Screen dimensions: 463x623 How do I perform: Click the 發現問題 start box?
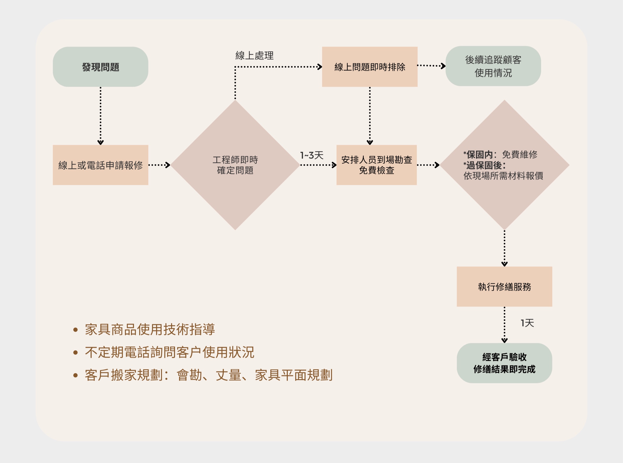pyautogui.click(x=100, y=67)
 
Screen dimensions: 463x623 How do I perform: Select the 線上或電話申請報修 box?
pyautogui.click(x=100, y=165)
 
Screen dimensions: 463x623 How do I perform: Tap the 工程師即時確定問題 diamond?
pyautogui.click(x=235, y=165)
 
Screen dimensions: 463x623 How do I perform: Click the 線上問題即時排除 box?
pyautogui.click(x=369, y=67)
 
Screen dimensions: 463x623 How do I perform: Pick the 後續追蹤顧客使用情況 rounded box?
pyautogui.click(x=493, y=66)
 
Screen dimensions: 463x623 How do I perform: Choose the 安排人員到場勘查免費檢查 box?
pyautogui.click(x=377, y=165)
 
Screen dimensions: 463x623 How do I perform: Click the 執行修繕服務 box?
pyautogui.click(x=504, y=287)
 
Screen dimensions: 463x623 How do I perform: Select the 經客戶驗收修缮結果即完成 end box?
pyautogui.click(x=504, y=363)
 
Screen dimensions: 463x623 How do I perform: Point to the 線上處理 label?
pyautogui.click(x=254, y=56)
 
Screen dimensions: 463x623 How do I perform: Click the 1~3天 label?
pyautogui.click(x=311, y=155)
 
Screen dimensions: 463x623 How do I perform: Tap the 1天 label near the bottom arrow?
pyautogui.click(x=527, y=323)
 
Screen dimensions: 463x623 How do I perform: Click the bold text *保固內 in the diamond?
pyautogui.click(x=478, y=155)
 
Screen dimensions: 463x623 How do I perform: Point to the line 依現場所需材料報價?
pyautogui.click(x=503, y=176)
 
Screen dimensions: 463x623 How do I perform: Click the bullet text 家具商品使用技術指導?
pyautogui.click(x=150, y=330)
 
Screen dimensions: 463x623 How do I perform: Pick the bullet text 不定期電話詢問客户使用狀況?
pyautogui.click(x=170, y=353)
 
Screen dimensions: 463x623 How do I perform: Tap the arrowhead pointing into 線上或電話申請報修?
pyautogui.click(x=100, y=142)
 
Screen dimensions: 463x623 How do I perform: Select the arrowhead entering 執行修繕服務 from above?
pyautogui.click(x=504, y=264)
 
